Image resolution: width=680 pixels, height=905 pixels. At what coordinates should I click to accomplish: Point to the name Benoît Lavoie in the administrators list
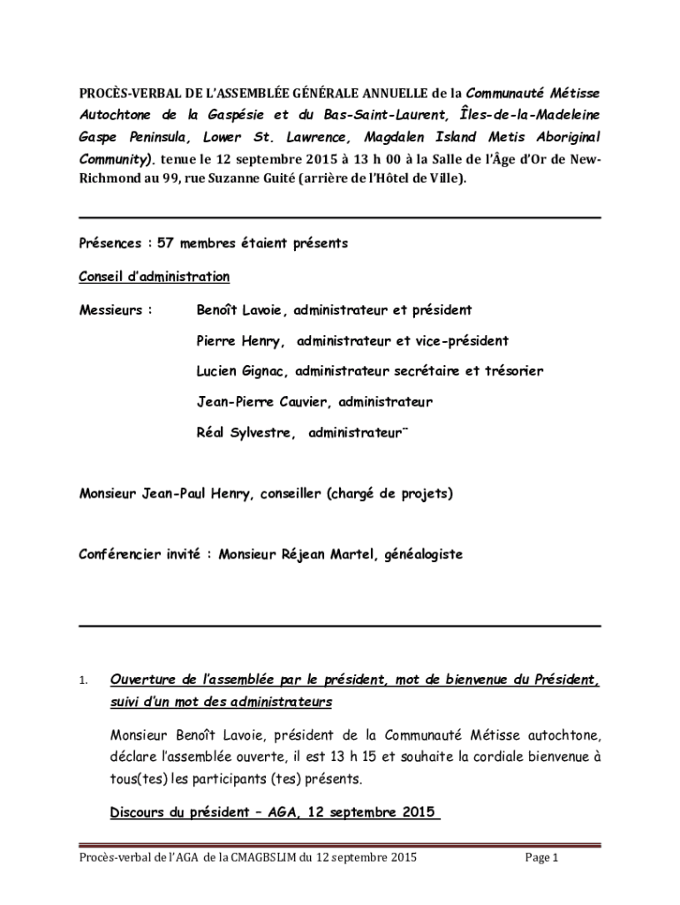pos(240,310)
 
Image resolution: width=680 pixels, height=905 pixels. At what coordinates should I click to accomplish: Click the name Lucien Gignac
pos(243,371)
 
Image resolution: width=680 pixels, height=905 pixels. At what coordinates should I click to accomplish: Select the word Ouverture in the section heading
pos(146,681)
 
